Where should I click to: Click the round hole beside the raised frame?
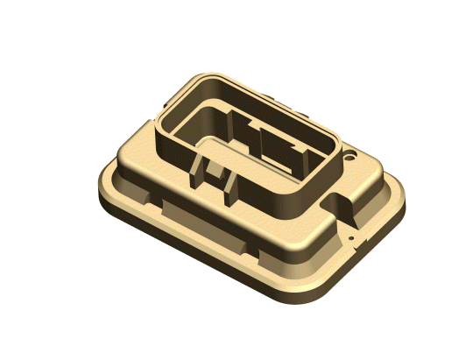pos(352,159)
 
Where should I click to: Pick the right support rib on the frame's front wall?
pos(230,185)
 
